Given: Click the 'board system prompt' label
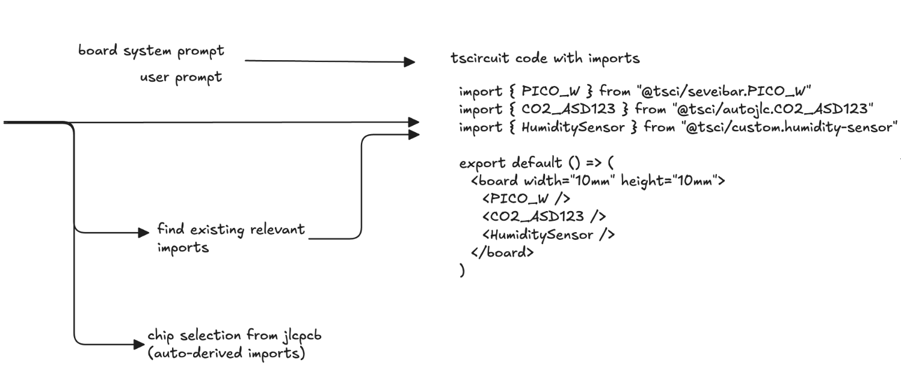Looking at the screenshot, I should point(152,51).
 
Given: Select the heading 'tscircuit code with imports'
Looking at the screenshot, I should point(545,59).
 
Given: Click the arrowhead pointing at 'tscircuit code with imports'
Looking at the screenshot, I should point(410,61).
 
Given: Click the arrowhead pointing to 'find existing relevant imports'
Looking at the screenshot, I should point(143,232).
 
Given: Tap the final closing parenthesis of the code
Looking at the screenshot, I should point(462,271).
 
